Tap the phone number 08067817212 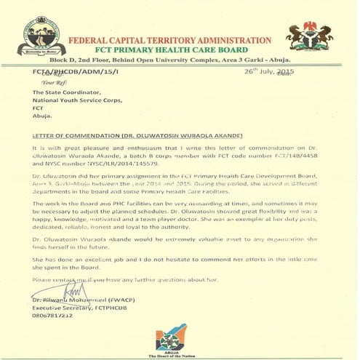point(53,317)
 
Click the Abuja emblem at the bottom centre point(177,337)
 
